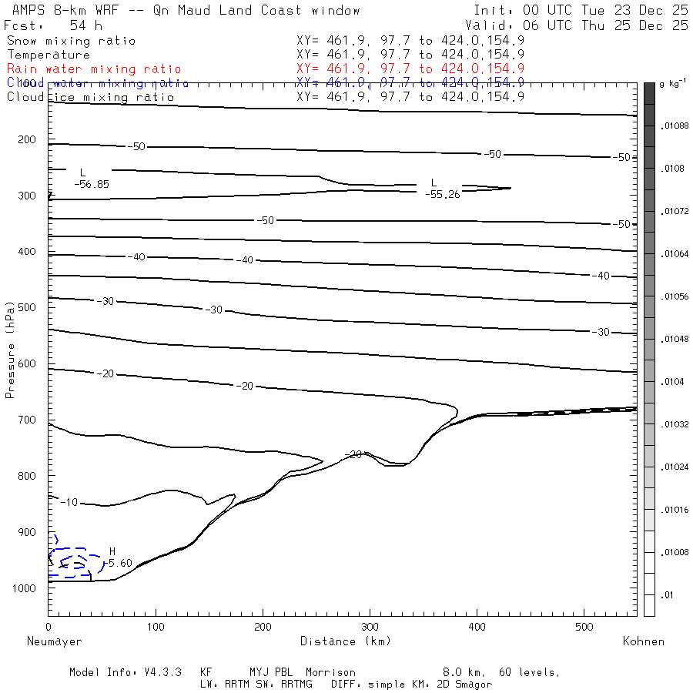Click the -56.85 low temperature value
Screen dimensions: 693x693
[92, 184]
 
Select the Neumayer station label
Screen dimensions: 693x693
[54, 641]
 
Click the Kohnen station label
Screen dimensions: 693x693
[643, 641]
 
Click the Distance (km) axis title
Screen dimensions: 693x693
[345, 641]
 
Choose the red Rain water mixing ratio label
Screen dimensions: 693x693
[94, 69]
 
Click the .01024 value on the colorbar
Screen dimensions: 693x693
[675, 466]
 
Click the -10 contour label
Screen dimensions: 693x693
[69, 502]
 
